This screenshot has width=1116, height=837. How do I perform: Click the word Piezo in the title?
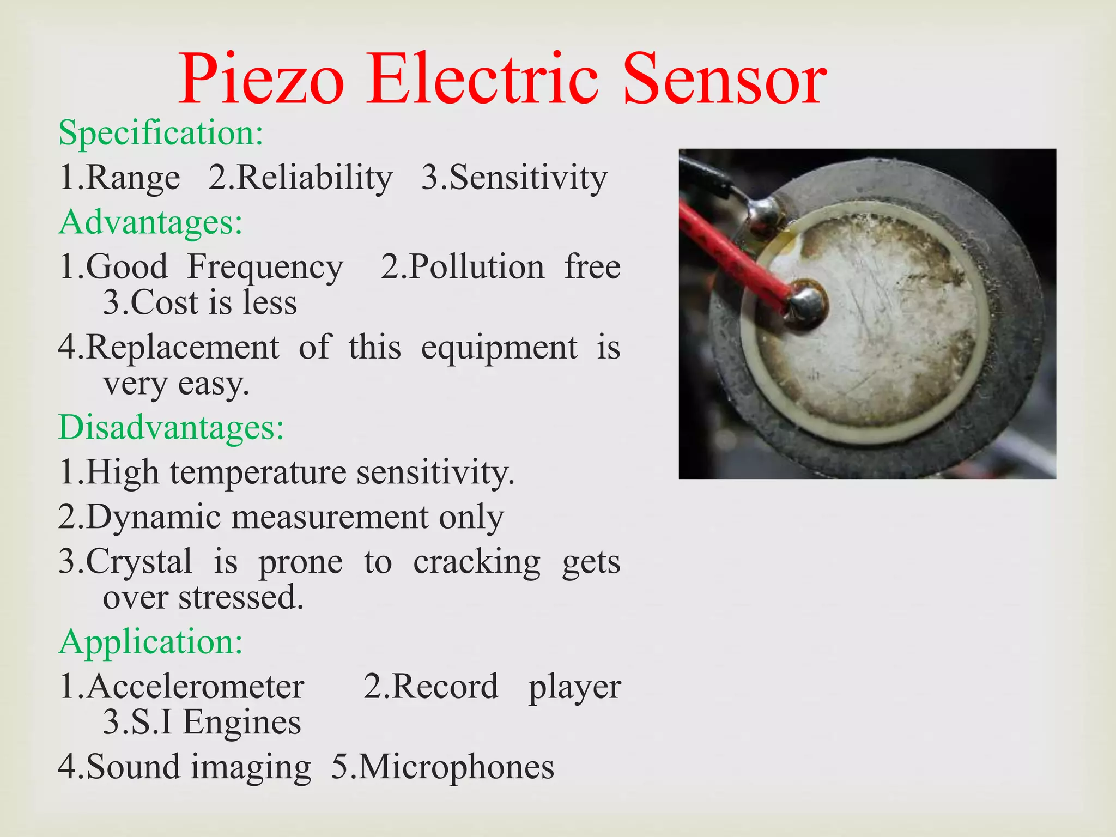click(x=262, y=81)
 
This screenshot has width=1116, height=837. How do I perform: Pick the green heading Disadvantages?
click(x=171, y=427)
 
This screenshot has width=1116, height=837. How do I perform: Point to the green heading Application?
click(x=150, y=642)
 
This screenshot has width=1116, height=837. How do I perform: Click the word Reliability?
click(x=314, y=178)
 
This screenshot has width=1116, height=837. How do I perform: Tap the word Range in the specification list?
click(x=133, y=178)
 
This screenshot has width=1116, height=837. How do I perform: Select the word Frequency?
click(x=265, y=267)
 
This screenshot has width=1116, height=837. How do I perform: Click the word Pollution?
click(x=476, y=267)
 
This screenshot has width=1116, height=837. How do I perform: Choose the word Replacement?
click(x=183, y=347)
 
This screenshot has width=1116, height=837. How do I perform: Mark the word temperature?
click(x=258, y=472)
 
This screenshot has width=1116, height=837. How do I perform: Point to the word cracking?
click(x=477, y=562)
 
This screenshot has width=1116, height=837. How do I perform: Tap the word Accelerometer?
click(x=195, y=687)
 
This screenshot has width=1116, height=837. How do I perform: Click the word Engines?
click(x=241, y=723)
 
